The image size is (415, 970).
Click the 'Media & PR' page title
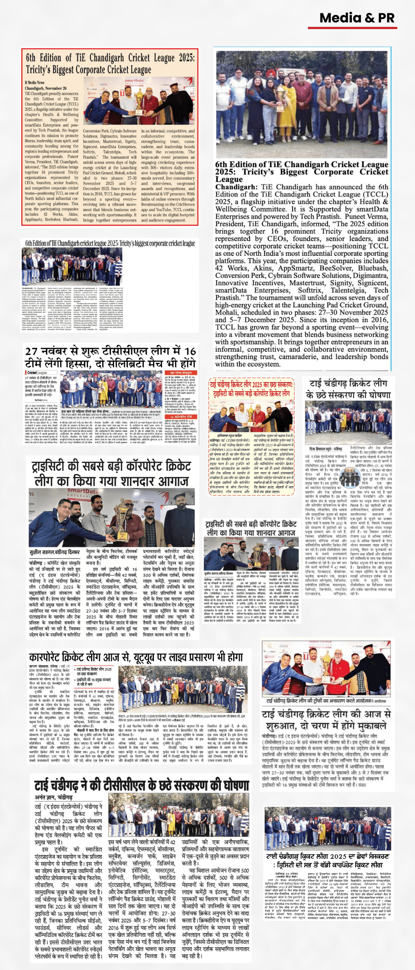point(356,18)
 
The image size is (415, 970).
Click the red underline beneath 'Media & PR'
point(351,28)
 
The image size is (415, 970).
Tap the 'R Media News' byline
point(34,83)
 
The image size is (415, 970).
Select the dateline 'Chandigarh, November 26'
point(45,88)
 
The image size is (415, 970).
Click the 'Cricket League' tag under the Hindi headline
point(37,372)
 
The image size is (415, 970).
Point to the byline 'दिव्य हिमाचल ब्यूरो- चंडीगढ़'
point(326,449)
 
